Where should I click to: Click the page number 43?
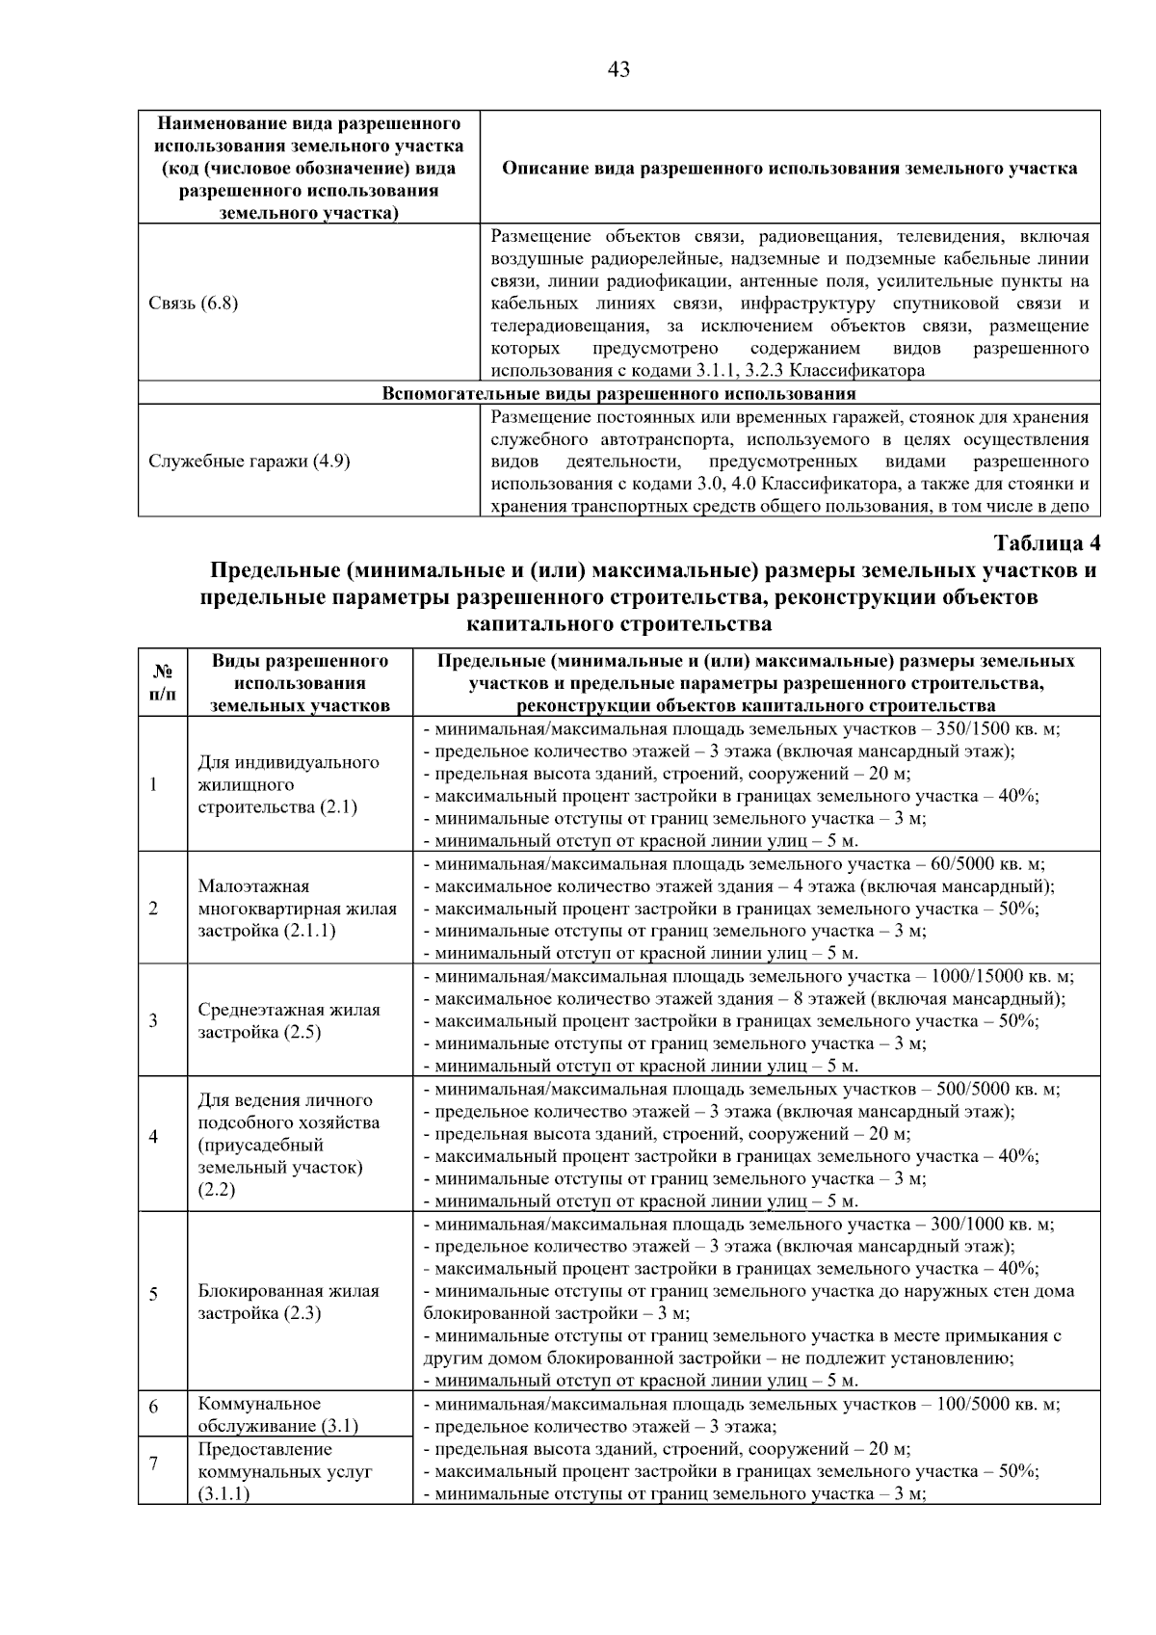click(x=619, y=69)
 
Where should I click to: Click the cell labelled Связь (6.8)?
click(x=194, y=303)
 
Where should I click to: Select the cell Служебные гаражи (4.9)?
click(x=249, y=461)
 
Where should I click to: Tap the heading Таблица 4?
click(x=1046, y=543)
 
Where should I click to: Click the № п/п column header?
click(x=162, y=683)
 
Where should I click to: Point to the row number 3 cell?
click(x=154, y=1020)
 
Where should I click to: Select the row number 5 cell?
click(x=154, y=1293)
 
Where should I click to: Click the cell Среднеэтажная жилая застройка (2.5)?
click(x=289, y=1021)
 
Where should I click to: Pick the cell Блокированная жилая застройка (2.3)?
click(x=288, y=1303)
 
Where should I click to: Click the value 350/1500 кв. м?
click(x=989, y=729)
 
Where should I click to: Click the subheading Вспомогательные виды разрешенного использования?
click(x=618, y=394)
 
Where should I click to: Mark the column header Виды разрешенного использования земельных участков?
click(x=300, y=683)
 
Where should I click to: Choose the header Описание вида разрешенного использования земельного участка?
click(x=790, y=169)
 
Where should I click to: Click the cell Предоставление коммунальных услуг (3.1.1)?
click(x=285, y=1471)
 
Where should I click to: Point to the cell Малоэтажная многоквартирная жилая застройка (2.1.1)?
click(x=297, y=909)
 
